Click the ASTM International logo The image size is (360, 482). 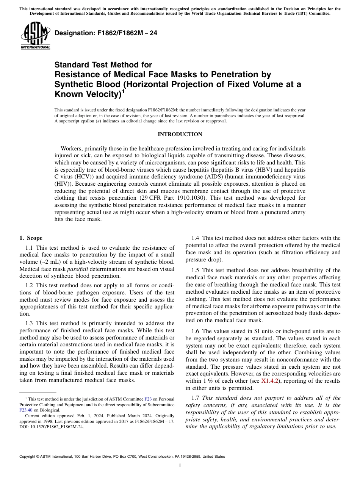coord(35,36)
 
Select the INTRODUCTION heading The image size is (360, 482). coord(180,134)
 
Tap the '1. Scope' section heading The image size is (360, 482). coord(31,238)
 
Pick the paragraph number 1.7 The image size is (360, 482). coord(196,398)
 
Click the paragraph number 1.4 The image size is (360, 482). coord(196,238)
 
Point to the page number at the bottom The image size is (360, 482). coord(180,466)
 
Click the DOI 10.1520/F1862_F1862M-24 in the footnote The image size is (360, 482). coord(55,426)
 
